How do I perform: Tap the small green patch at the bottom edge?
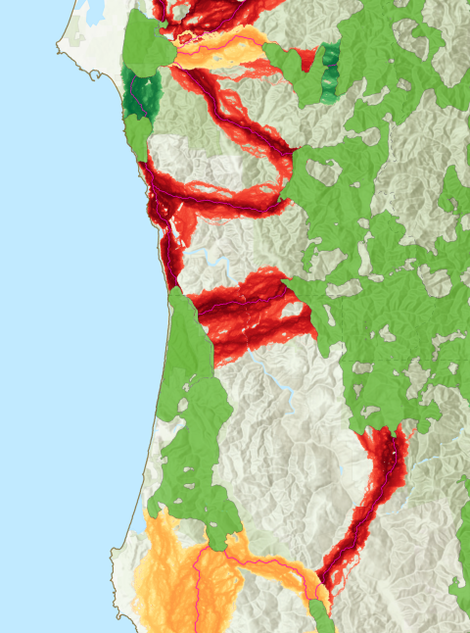(x=320, y=617)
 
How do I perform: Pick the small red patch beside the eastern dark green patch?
(x=307, y=59)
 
